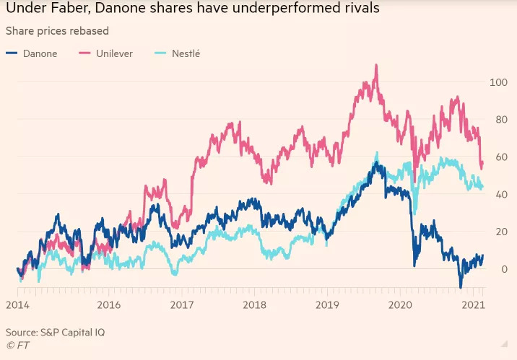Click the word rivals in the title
[355, 10]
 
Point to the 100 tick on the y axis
[498, 82]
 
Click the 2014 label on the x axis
[17, 304]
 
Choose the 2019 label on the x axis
[328, 304]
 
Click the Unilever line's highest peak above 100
[376, 66]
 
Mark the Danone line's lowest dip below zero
[461, 287]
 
